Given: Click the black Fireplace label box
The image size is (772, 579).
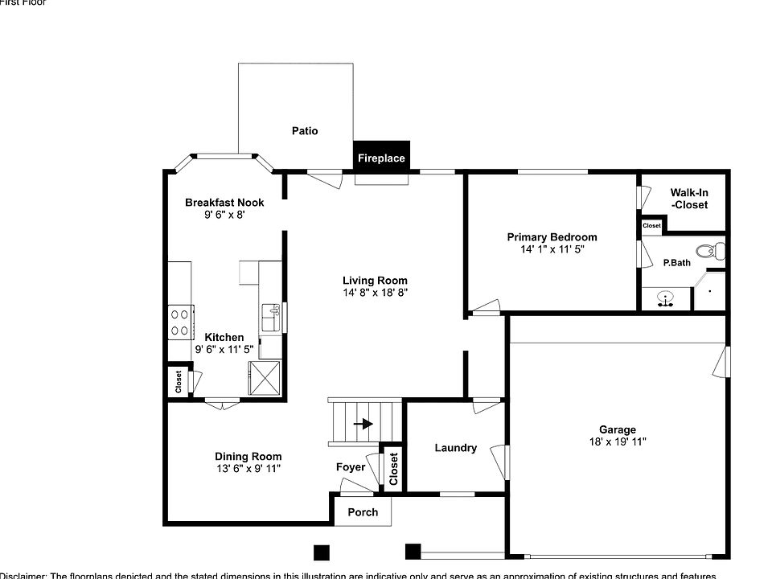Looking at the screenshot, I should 381,158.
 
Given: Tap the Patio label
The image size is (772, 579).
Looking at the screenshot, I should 305,130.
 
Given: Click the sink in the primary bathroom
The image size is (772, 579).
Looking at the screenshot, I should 665,300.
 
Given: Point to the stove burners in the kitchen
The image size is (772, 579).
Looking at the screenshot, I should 179,322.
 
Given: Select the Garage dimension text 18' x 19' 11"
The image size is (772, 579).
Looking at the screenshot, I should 617,441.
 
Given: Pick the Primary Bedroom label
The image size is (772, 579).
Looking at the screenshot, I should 552,237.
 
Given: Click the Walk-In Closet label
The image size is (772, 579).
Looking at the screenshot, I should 689,199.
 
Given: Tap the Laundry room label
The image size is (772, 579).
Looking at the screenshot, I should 456,448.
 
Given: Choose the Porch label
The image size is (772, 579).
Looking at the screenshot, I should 362,512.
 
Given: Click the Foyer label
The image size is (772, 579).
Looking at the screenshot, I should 351,467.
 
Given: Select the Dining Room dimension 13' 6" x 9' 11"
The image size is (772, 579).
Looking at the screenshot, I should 248,468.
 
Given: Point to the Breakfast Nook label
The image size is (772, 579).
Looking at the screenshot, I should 224,203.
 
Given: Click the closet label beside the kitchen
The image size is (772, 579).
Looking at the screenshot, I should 178,381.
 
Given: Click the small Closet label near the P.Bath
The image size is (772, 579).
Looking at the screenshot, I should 651,226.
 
